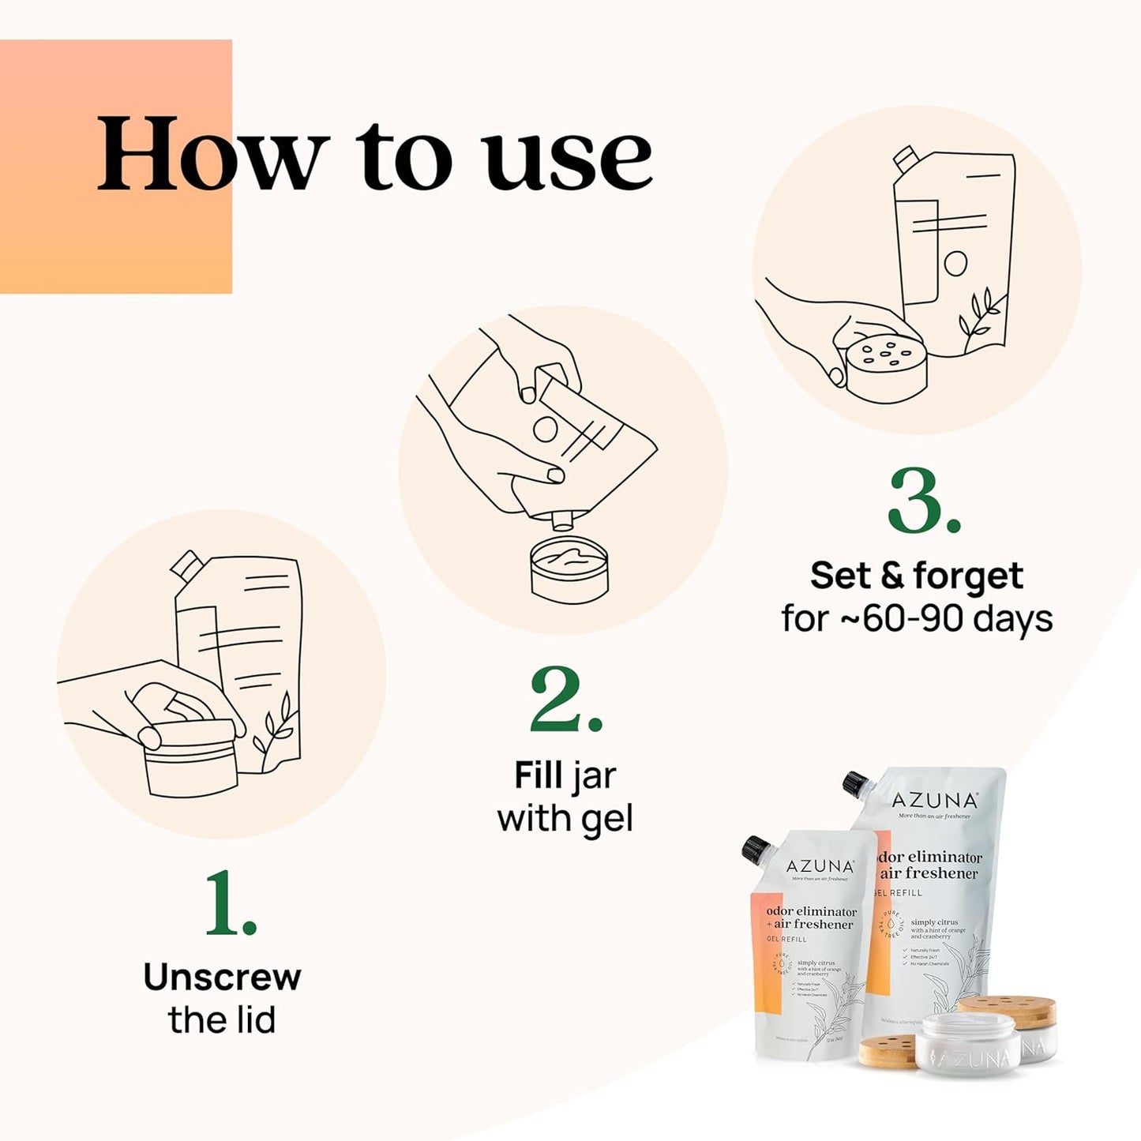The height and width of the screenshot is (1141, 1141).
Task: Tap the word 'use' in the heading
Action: click(x=569, y=158)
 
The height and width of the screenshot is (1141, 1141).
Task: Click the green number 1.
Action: click(x=230, y=904)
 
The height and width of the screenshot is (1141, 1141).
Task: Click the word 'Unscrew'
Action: click(x=222, y=978)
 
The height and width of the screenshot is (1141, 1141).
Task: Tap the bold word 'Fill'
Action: click(x=538, y=775)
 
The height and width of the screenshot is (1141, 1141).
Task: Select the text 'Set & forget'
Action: click(x=916, y=576)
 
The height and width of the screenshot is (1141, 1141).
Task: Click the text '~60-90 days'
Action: click(x=945, y=618)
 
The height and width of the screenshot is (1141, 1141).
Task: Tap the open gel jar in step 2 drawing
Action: click(x=569, y=569)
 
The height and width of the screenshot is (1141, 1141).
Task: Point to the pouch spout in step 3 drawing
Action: click(x=905, y=160)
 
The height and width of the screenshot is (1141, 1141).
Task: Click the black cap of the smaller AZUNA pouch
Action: click(x=756, y=850)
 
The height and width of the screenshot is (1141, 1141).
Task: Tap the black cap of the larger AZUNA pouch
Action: click(x=856, y=783)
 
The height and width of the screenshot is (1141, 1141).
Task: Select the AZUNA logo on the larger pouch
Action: click(x=934, y=801)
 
